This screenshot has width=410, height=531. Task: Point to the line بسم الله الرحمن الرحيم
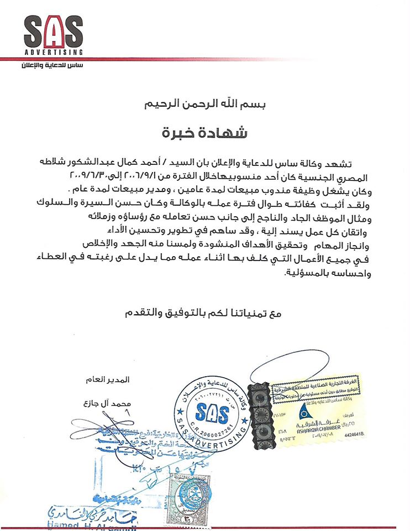[205, 103]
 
